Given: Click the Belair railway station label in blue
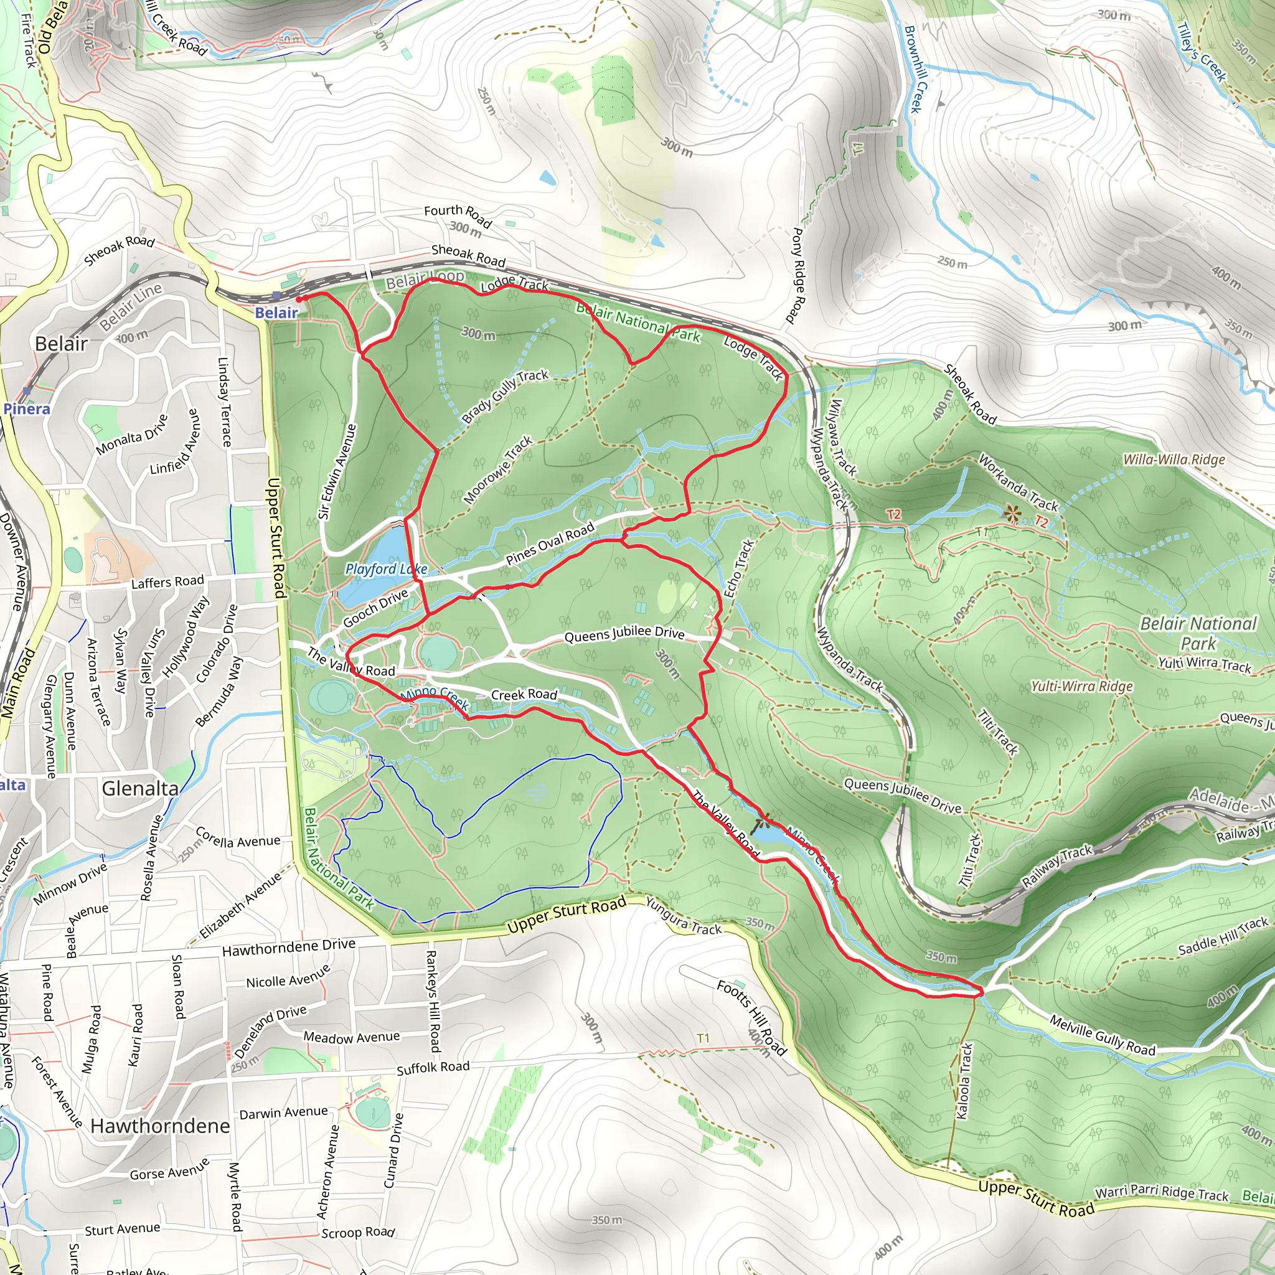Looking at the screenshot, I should (276, 313).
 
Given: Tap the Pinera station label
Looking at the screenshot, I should (27, 408).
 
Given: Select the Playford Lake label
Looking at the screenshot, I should (386, 568).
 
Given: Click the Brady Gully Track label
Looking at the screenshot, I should (505, 396).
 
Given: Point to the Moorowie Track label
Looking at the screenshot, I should (498, 469).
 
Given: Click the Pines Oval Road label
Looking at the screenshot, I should (550, 543).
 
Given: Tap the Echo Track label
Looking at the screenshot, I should (738, 569).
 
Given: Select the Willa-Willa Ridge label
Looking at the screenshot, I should (1174, 459).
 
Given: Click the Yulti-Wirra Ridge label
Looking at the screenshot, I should (1081, 686).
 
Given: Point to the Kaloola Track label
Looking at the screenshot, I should (964, 1081).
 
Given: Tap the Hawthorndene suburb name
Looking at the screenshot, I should (161, 1126).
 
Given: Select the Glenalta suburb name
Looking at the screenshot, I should (140, 789).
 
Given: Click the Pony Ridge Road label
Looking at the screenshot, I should (798, 275).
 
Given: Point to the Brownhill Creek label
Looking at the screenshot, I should (916, 68).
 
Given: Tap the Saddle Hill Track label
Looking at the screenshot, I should (1223, 936).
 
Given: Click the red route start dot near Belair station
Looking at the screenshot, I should (299, 299).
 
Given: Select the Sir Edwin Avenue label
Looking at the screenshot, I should (337, 471).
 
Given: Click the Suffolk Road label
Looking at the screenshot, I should (433, 1068).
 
